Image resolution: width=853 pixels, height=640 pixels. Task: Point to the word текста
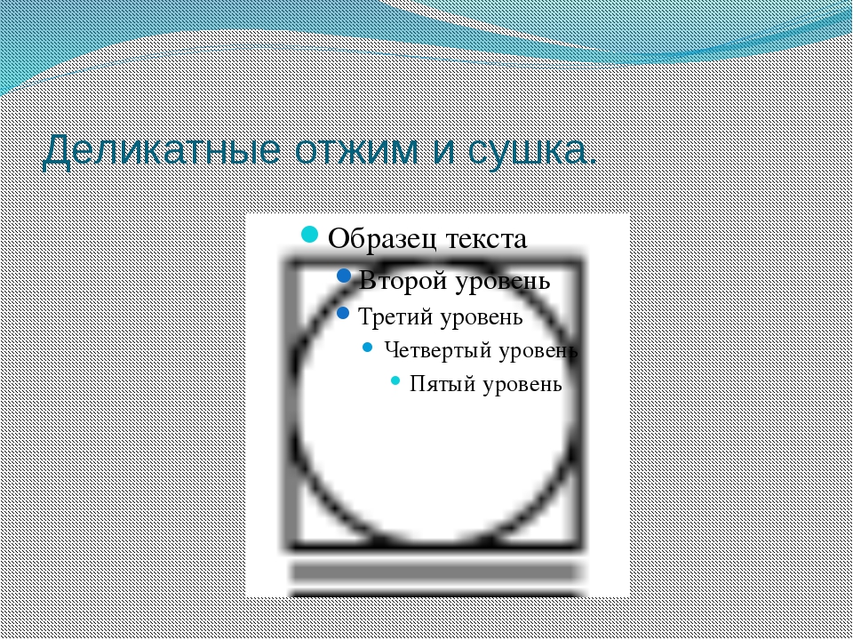[486, 239]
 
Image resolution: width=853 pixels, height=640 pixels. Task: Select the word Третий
[396, 316]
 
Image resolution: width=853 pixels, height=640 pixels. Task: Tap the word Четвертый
[438, 351]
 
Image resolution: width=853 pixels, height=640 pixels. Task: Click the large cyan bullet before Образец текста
[309, 235]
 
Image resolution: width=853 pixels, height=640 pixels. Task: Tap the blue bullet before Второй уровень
[344, 276]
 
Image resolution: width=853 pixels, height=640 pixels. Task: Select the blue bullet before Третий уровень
[343, 313]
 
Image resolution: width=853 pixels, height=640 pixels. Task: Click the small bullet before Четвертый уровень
[368, 348]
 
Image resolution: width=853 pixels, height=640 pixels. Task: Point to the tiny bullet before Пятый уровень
[395, 380]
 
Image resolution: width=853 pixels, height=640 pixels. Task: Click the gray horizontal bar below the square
[434, 572]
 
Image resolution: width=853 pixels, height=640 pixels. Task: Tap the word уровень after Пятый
[522, 385]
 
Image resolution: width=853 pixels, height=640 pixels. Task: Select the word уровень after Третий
[482, 318]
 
